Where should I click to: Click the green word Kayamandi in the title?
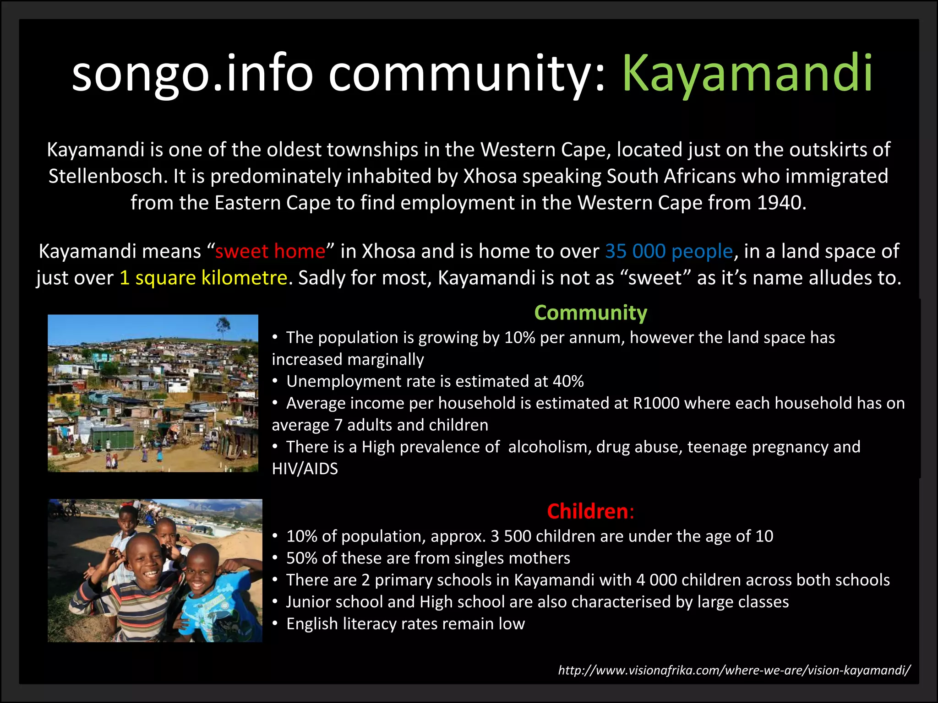(747, 73)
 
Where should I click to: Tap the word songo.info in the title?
(192, 73)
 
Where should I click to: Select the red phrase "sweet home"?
(270, 251)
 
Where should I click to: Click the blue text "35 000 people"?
(669, 251)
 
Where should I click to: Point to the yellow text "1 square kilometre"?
(203, 278)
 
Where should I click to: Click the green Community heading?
(590, 313)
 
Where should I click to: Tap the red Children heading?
(588, 511)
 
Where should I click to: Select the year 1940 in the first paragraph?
(779, 203)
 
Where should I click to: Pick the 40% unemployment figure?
(568, 381)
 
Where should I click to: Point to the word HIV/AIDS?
(305, 469)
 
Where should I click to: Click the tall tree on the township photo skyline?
(223, 325)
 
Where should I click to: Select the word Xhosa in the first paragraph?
(490, 176)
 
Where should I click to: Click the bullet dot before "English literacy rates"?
(275, 624)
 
